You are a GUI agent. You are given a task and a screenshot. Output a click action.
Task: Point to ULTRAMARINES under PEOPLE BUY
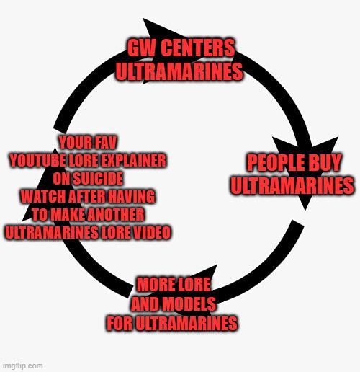point(292,185)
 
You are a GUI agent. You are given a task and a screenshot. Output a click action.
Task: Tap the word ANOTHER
point(114,215)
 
